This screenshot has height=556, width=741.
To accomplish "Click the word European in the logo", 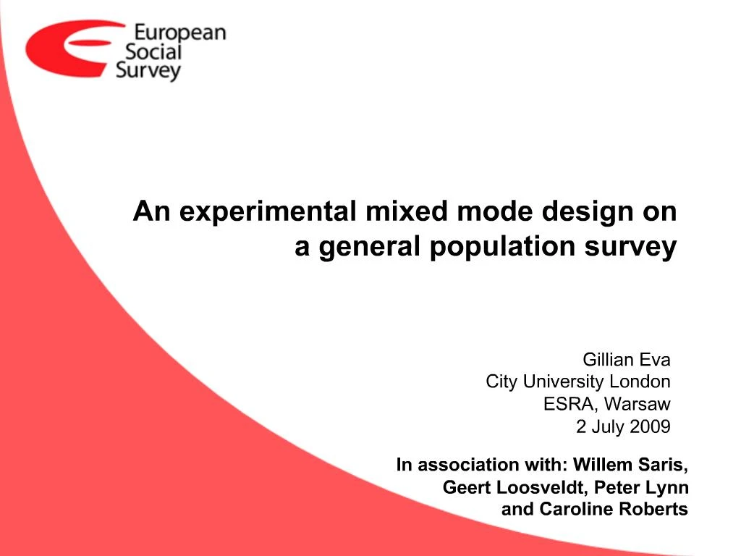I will click(x=180, y=33).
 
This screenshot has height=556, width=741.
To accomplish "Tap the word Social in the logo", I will click(x=153, y=51).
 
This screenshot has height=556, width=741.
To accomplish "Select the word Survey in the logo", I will click(x=148, y=71).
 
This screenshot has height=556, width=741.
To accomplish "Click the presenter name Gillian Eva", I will click(x=627, y=360).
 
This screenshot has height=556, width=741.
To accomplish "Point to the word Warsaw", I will click(x=638, y=404).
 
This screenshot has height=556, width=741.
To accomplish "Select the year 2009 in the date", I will click(x=650, y=426).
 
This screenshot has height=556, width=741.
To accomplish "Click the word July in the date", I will click(x=608, y=426).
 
